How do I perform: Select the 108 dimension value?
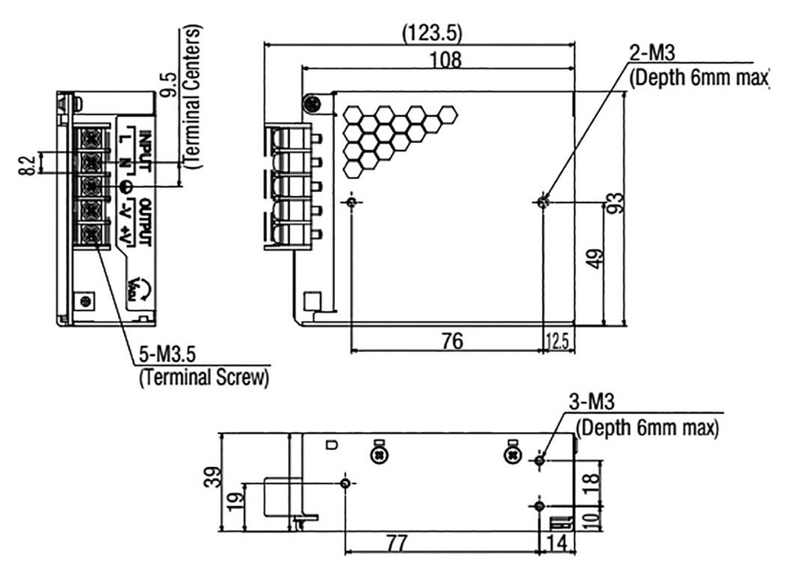point(445,60)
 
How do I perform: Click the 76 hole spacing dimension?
point(452,340)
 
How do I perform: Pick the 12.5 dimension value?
point(559,341)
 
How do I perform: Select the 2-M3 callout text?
point(651,53)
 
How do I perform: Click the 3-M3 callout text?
point(592,403)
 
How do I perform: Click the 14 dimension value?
point(557,542)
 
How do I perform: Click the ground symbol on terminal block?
point(127,187)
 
